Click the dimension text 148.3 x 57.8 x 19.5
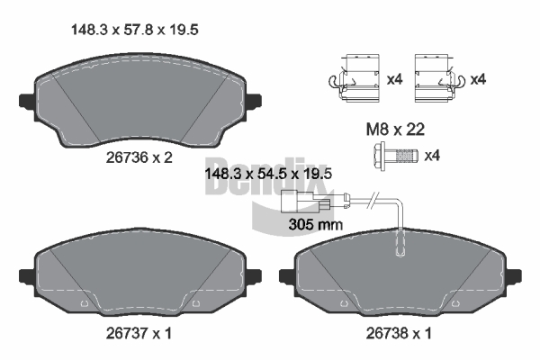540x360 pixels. click(135, 30)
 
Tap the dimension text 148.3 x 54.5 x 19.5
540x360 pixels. click(268, 174)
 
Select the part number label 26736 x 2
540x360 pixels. click(139, 157)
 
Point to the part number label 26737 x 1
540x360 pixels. click(139, 333)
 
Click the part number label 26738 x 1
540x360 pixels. click(399, 333)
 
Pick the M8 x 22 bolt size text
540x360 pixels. click(395, 130)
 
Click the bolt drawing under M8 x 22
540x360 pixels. click(395, 156)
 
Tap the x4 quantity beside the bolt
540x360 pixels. click(432, 156)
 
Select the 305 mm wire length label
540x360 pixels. click(316, 225)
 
